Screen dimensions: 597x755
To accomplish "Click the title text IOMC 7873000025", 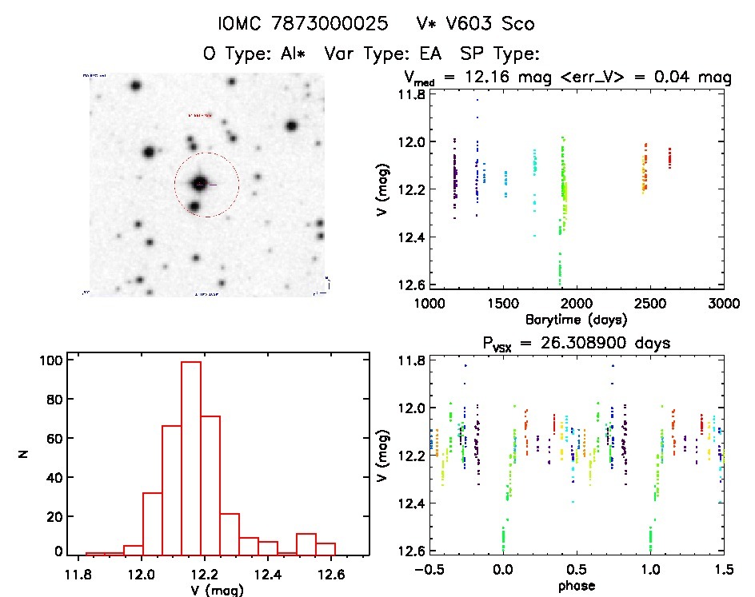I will coord(303,23).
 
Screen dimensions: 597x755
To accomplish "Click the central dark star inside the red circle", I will coord(200,183).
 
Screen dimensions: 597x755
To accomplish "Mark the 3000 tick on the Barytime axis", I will coord(724,304).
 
